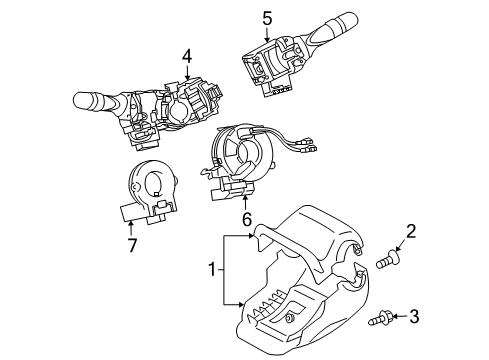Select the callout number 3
pos(414,318)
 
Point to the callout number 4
pos(185,59)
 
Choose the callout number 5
pos(267,17)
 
